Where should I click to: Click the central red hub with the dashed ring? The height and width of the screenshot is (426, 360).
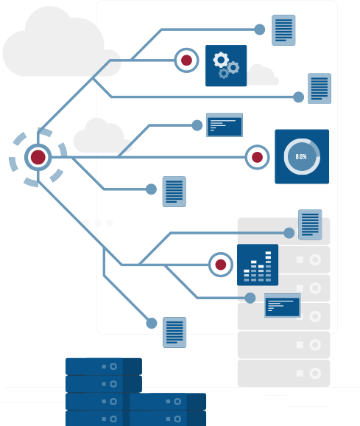38,157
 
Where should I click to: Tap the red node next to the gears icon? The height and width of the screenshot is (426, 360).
186,60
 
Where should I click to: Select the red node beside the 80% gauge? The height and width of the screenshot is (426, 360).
257,157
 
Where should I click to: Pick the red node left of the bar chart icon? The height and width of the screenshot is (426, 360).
221,265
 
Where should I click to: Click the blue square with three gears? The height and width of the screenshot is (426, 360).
226,66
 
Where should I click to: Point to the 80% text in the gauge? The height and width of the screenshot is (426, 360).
301,156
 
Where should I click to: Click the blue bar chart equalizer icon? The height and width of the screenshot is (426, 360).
258,265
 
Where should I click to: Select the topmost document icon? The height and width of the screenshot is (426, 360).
283,30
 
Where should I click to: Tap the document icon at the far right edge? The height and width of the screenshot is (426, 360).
320,88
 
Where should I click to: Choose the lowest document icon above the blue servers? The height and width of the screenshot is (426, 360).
174,332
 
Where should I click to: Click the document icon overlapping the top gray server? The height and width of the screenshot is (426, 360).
310,225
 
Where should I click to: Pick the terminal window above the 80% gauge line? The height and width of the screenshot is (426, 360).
225,125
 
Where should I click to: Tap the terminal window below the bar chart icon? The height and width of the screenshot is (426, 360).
283,305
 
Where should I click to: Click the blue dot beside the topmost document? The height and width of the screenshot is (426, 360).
260,29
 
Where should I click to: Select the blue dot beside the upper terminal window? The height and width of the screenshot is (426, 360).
197,125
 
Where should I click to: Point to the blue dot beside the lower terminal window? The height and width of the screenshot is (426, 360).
250,298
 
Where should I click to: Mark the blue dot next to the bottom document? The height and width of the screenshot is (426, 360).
152,324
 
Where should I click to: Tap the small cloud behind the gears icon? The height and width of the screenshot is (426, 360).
263,74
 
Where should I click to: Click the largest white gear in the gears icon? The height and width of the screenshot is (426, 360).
221,60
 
